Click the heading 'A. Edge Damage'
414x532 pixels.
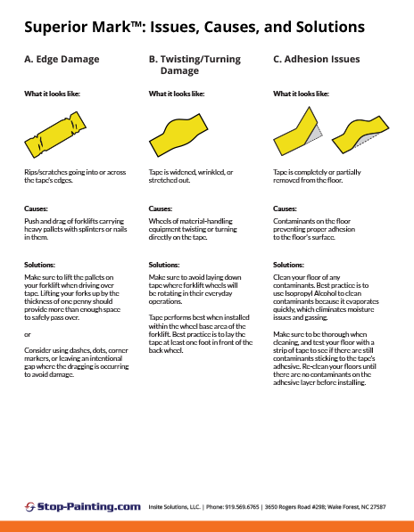tap(61, 60)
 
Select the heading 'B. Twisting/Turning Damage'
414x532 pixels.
tap(186, 65)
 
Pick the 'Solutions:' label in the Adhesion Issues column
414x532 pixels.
tap(289, 265)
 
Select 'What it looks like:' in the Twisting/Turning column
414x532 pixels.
tap(177, 93)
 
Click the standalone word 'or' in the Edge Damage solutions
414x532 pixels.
tap(27, 334)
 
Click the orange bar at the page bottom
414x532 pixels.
tap(207, 525)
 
